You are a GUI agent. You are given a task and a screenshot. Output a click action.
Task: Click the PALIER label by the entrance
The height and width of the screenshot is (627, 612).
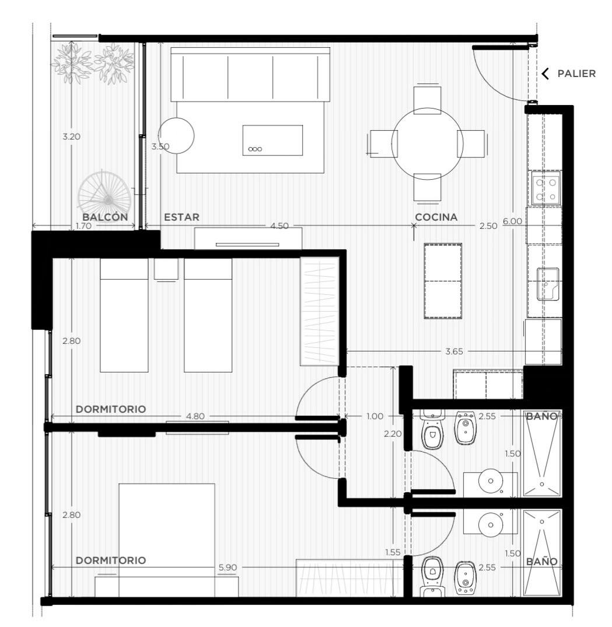click(576, 74)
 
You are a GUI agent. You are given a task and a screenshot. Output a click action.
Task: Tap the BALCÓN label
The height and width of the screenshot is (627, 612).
click(105, 217)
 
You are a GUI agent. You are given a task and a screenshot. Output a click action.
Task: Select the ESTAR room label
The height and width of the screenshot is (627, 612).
click(182, 217)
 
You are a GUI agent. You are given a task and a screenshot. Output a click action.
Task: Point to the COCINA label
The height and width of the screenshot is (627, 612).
click(436, 217)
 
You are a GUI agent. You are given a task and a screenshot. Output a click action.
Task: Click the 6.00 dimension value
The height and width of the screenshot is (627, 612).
click(512, 221)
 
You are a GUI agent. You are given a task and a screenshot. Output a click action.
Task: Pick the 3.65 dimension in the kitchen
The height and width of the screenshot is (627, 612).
click(454, 351)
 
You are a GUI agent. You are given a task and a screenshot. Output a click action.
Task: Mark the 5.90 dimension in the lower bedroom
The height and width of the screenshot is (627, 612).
click(228, 567)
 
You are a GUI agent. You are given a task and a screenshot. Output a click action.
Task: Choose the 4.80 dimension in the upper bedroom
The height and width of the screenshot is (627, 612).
click(195, 416)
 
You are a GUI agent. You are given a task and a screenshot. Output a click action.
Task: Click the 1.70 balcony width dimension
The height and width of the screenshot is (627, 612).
click(83, 226)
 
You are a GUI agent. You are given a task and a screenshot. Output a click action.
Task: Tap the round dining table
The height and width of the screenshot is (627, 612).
click(428, 144)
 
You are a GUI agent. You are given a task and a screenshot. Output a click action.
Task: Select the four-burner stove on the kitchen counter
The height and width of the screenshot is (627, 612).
click(545, 189)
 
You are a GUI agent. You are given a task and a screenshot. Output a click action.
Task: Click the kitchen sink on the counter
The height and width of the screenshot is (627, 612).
click(548, 284)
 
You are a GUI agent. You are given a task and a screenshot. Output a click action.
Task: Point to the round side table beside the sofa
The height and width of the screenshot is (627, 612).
click(176, 135)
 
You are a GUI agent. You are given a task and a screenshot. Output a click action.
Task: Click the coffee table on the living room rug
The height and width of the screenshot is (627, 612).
click(272, 140)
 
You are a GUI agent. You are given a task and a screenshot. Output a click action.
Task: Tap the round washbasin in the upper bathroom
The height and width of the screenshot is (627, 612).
click(491, 481)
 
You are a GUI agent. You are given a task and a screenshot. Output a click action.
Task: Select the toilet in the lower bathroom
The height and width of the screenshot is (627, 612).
click(432, 574)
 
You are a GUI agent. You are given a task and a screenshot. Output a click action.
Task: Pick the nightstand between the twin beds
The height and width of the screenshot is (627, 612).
click(166, 269)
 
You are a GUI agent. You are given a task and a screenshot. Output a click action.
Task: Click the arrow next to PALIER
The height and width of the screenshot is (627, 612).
click(545, 74)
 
